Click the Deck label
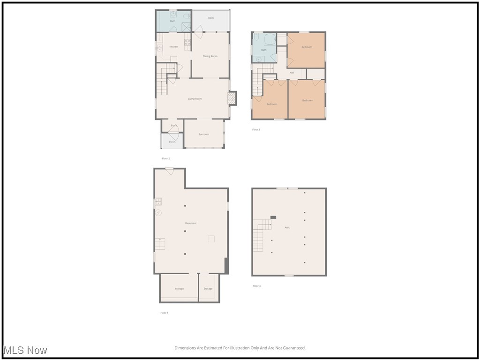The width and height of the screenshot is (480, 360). (211, 18)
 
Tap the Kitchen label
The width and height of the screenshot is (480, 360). (173, 47)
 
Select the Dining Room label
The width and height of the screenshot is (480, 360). (210, 56)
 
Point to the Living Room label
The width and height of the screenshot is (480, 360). (195, 99)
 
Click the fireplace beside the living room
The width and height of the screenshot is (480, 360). (232, 98)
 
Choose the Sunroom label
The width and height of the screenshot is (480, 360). (203, 135)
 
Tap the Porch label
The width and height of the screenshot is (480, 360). (172, 142)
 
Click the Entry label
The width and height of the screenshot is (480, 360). (174, 125)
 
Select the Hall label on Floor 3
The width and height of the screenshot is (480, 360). (292, 73)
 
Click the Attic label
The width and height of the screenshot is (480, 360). (287, 228)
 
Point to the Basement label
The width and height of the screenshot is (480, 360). (191, 223)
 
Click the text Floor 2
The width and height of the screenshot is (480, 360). (166, 158)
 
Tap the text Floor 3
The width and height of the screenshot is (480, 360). (256, 129)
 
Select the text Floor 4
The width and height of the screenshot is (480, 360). (256, 286)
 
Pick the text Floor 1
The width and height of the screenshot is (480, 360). (164, 313)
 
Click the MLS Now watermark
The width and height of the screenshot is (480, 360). (25, 350)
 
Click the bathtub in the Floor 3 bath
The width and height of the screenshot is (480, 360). (270, 39)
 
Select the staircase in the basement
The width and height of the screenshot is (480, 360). (160, 244)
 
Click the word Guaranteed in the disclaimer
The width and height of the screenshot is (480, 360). (294, 348)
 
